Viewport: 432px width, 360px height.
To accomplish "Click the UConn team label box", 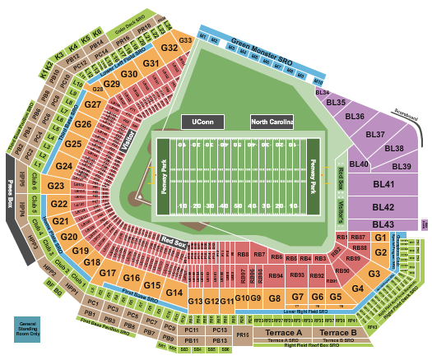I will click(x=202, y=122).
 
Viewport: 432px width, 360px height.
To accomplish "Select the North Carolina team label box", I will click(x=272, y=122).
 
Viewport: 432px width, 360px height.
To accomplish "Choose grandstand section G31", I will click(x=151, y=63).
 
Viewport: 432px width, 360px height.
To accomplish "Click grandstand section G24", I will click(x=64, y=166).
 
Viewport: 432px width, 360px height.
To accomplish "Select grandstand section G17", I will click(x=109, y=273).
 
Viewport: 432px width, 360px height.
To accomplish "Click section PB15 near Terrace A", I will click(x=242, y=335).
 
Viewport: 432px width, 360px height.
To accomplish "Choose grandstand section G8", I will click(x=275, y=297).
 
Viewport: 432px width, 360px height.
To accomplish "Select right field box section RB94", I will click(x=276, y=275).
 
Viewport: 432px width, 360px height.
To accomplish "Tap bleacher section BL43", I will click(x=383, y=224).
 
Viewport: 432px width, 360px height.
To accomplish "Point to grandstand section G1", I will click(x=379, y=238).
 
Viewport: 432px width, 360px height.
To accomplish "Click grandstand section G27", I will click(x=93, y=105).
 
